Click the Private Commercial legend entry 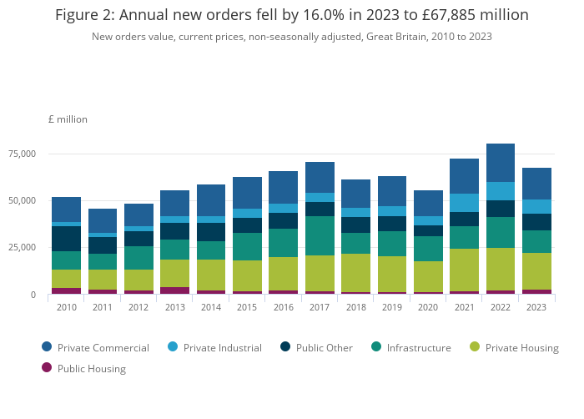95,348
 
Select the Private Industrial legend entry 214,348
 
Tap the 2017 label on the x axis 319,307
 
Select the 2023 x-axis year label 536,307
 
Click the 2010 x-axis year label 66,307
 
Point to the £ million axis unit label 68,119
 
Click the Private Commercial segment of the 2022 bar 500,163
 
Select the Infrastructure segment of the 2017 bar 319,235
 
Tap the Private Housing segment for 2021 464,270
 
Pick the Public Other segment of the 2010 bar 66,239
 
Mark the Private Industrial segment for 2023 536,206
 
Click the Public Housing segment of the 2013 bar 174,290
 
